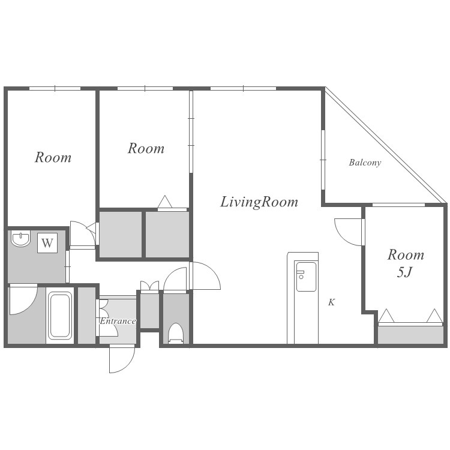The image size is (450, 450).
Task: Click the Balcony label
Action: pos(365,163)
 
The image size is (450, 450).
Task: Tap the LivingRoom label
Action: pos(259,202)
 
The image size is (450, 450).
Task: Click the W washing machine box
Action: pos(47,243)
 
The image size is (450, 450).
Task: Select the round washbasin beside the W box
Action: pos(20,239)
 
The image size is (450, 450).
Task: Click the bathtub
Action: pos(59,316)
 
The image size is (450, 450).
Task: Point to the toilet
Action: pos(176,333)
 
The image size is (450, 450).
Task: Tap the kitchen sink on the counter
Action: pos(306,277)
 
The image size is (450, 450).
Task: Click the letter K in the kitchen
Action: pos(331,302)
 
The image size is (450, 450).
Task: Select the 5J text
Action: pos(404,272)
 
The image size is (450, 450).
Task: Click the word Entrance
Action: pos(118,321)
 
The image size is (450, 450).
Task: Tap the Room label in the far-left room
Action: pos(53,157)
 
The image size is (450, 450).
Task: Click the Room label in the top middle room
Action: pos(146,148)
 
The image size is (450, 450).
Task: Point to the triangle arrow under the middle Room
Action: pos(165,202)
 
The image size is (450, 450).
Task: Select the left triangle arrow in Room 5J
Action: pos(386,316)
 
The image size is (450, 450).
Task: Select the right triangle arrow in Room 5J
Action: pos(434,316)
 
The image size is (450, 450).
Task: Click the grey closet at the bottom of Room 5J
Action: pos(410,335)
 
